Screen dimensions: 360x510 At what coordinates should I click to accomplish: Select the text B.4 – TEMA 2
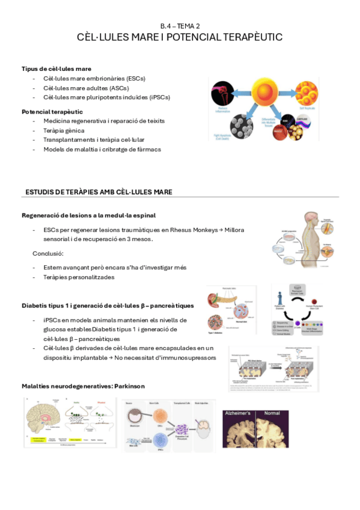click(180, 26)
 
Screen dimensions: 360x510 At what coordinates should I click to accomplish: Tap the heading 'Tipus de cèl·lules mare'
click(56, 69)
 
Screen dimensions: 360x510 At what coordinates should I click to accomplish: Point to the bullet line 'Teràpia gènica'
click(64, 131)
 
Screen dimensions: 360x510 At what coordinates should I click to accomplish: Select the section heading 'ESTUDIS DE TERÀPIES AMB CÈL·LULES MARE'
click(99, 192)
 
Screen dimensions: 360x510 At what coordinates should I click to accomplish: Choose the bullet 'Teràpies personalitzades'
click(79, 277)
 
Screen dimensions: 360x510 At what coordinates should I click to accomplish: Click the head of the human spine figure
click(312, 220)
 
